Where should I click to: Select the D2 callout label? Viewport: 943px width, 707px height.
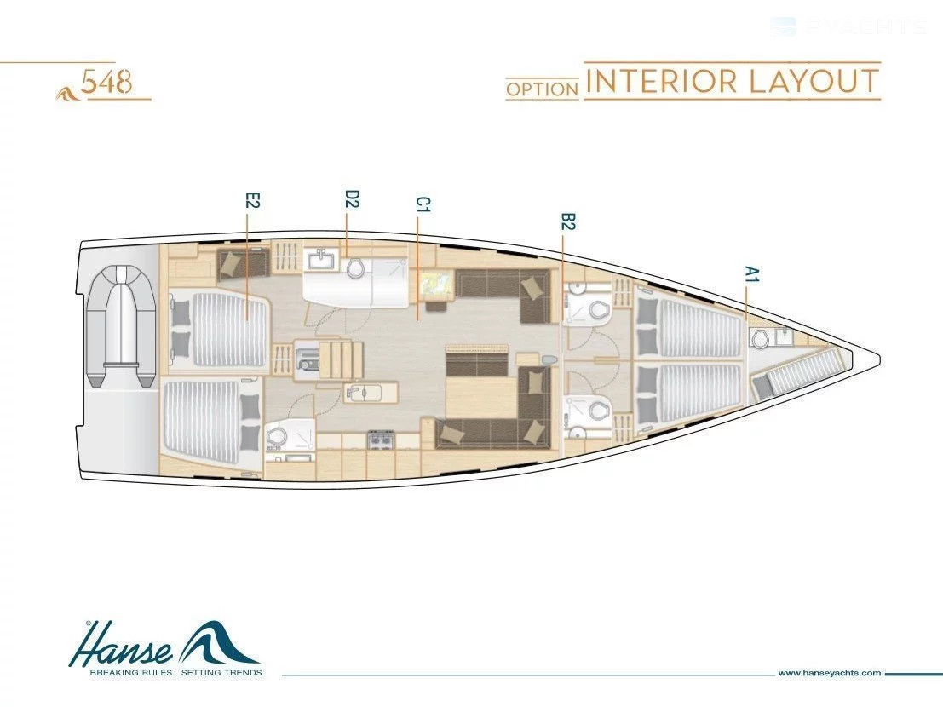point(351,199)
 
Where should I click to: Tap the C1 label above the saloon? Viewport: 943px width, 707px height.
point(423,204)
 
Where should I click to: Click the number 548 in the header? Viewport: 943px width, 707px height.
point(106,83)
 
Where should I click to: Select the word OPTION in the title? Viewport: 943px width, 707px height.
point(543,88)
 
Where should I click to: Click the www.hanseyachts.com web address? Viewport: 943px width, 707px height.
point(829,673)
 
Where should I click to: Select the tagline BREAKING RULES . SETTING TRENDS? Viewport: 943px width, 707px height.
point(164,673)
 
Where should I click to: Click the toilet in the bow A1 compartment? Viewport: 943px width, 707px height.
point(761,339)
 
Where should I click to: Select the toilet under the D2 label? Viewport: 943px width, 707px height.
point(356,267)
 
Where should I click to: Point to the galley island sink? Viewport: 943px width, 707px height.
point(359,394)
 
